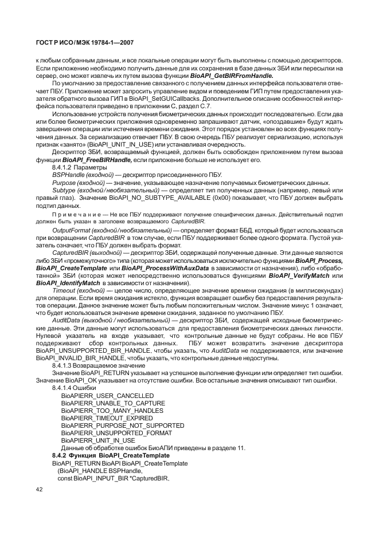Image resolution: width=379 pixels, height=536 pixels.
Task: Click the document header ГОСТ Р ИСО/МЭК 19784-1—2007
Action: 84,42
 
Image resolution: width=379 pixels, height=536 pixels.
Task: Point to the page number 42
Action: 40,489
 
